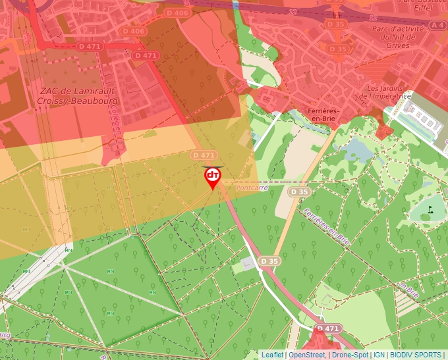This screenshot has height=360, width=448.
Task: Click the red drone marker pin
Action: pos(212,177)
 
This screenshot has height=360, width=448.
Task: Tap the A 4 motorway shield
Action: pos(437,24)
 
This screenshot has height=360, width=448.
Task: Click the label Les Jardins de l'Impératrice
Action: pos(388,92)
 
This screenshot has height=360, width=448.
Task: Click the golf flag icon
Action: pos(430,210)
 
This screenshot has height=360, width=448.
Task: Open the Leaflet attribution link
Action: pos(272,355)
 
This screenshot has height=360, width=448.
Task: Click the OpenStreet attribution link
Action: pos(308,355)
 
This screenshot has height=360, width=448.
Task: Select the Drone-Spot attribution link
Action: pos(350,355)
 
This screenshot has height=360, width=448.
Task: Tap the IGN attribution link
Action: pos(379,355)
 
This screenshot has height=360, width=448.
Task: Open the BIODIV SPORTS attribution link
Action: pos(416,355)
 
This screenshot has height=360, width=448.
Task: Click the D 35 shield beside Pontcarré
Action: pos(299,192)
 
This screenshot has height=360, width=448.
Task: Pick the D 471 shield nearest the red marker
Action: pos(204,155)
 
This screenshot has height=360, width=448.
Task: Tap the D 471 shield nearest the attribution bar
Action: pos(327,328)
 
